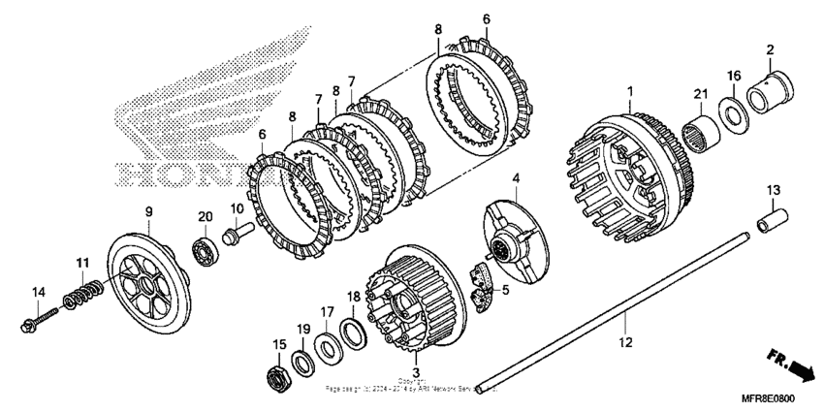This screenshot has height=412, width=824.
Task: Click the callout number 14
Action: pos(39,292)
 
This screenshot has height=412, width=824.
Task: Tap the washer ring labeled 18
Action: pos(355,331)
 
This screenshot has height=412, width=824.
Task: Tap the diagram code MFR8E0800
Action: pos(770,396)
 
